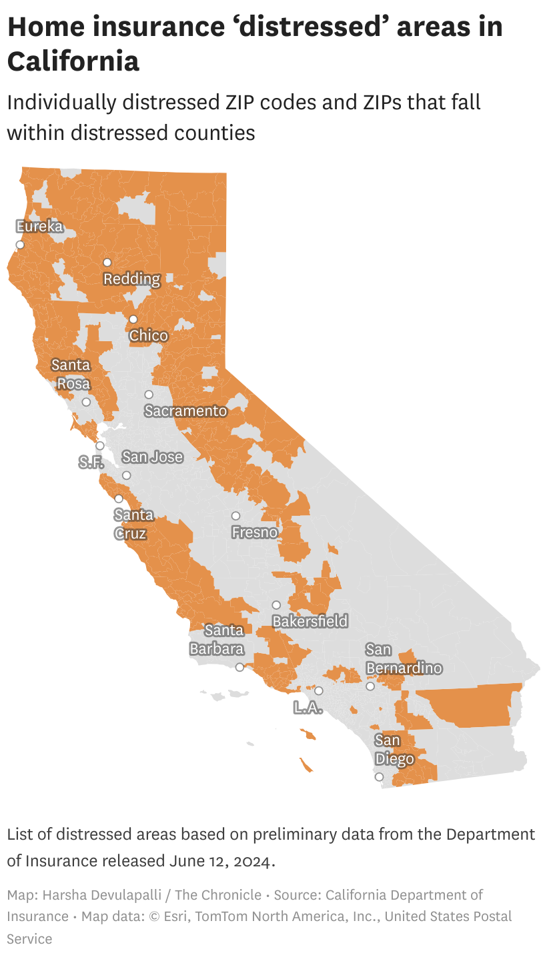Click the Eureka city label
click(39, 227)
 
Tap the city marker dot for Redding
click(107, 263)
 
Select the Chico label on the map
click(149, 335)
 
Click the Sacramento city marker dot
click(149, 395)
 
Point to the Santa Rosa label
click(71, 375)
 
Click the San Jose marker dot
click(126, 475)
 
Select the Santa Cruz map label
click(133, 524)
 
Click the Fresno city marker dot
click(235, 516)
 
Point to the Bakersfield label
click(310, 621)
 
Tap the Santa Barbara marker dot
click(240, 667)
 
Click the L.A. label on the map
click(308, 708)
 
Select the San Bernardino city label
click(404, 658)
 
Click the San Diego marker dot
click(379, 777)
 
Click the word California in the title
click(73, 61)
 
